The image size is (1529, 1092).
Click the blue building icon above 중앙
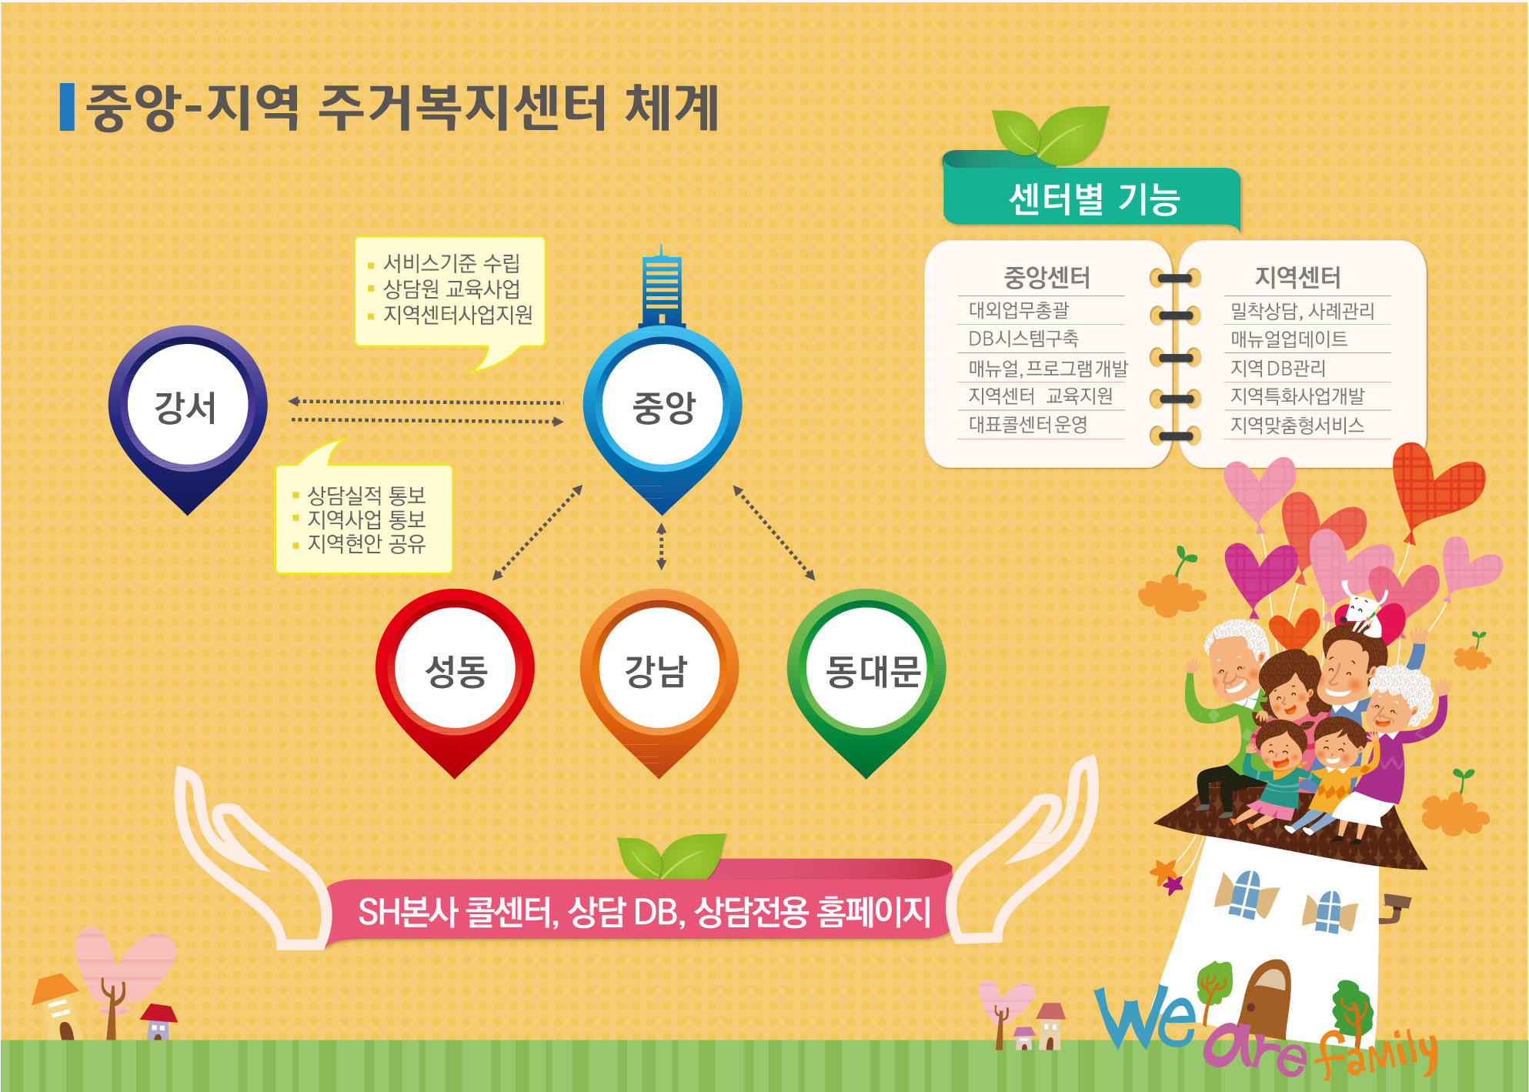661,287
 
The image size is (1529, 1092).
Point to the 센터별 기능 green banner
1092,197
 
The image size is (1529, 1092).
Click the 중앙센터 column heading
1047,277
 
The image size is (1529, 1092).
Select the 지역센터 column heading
1297,277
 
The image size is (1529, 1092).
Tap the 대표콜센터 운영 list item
1027,425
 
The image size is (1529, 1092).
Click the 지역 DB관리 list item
1277,368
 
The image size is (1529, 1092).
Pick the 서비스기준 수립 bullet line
445,263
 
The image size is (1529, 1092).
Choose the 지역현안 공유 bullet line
360,543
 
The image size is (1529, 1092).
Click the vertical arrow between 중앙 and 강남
661,546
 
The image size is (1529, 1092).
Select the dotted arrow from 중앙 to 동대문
774,533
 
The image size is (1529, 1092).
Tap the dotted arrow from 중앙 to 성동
537,533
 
